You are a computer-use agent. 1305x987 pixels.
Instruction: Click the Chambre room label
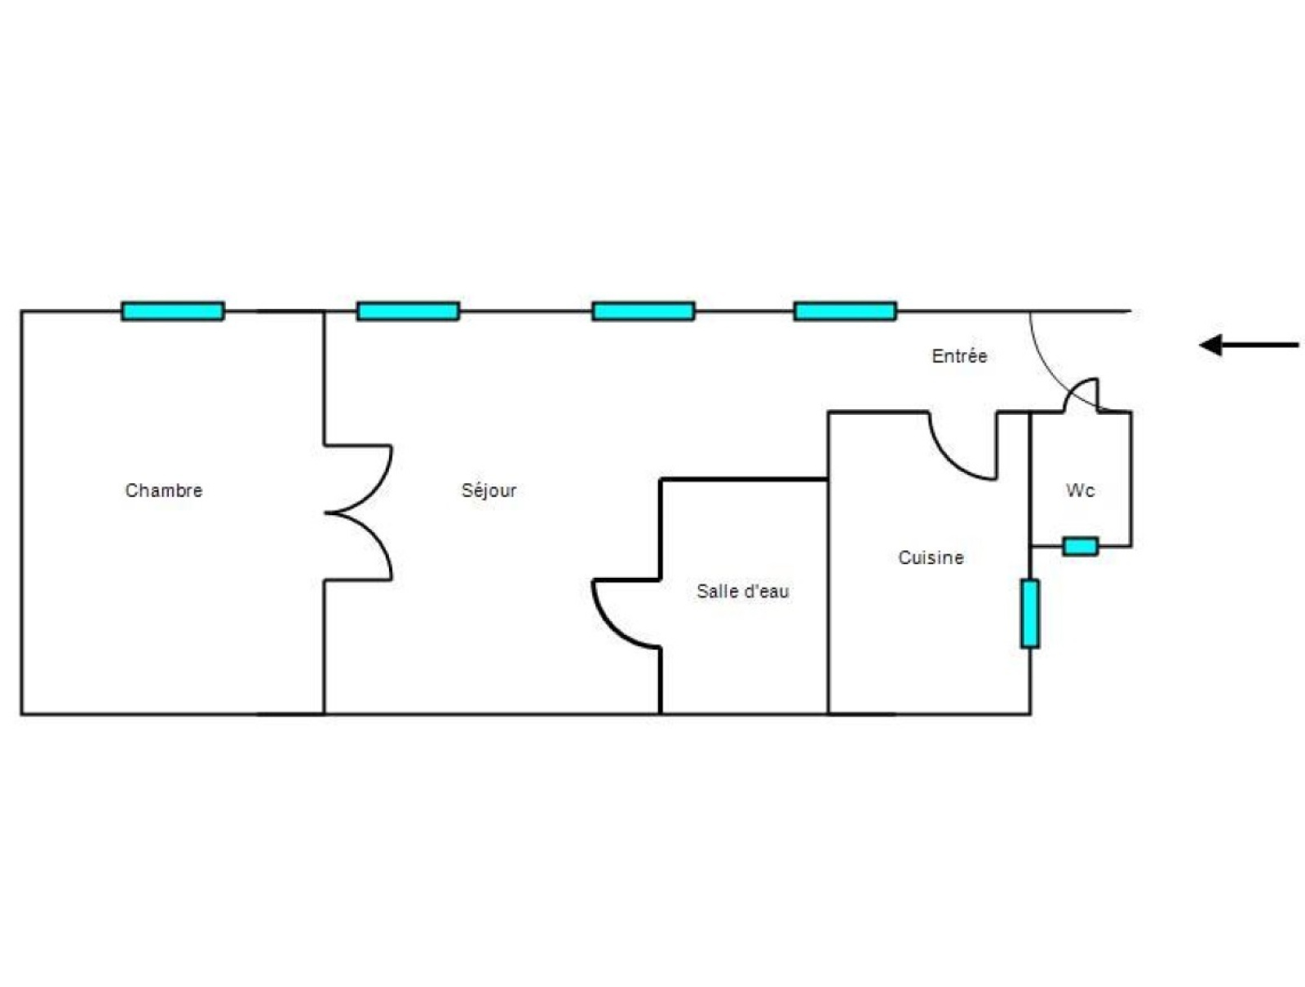pos(163,490)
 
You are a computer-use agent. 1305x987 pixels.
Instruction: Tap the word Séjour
pos(488,490)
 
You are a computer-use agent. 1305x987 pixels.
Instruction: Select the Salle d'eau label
pos(742,591)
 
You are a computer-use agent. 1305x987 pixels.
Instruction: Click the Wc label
pos(1080,490)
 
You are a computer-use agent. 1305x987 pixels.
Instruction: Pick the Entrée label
pos(959,355)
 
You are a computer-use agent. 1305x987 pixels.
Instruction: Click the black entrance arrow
pos(1248,345)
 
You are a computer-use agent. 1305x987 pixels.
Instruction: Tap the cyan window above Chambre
pos(172,311)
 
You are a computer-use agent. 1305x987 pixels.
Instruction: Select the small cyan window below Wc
pos(1080,546)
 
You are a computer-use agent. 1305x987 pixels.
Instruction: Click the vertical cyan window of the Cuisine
pos(1030,614)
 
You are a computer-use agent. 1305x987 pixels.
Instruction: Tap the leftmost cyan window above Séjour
pos(408,311)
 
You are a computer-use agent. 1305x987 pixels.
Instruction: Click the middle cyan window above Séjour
pos(643,311)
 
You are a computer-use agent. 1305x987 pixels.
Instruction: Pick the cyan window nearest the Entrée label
pos(845,311)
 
